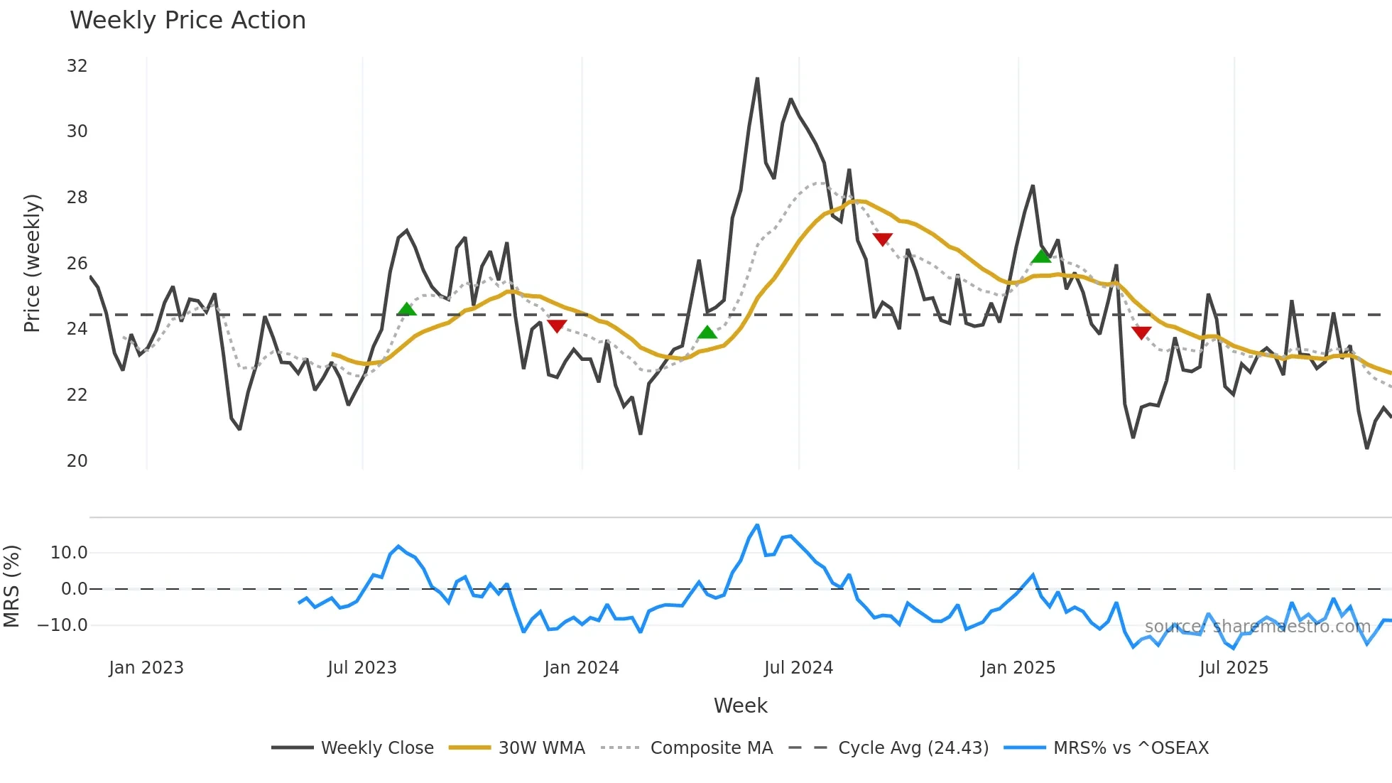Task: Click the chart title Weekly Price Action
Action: tap(187, 21)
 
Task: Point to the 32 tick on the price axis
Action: tap(77, 66)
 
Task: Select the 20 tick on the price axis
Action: tap(77, 461)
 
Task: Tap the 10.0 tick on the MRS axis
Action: tap(69, 553)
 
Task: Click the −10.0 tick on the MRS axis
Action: tap(62, 626)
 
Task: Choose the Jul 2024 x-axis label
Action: tap(798, 668)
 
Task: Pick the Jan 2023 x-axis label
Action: tap(146, 668)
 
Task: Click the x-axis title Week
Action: tap(740, 706)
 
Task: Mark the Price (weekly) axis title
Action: tap(32, 263)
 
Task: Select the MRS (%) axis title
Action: tap(12, 586)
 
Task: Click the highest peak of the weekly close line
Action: tap(757, 79)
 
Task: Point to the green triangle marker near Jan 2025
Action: tap(1041, 256)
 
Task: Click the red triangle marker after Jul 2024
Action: tap(882, 239)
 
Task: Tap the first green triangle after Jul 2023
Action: tap(406, 309)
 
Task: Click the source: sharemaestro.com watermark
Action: tap(1257, 627)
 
